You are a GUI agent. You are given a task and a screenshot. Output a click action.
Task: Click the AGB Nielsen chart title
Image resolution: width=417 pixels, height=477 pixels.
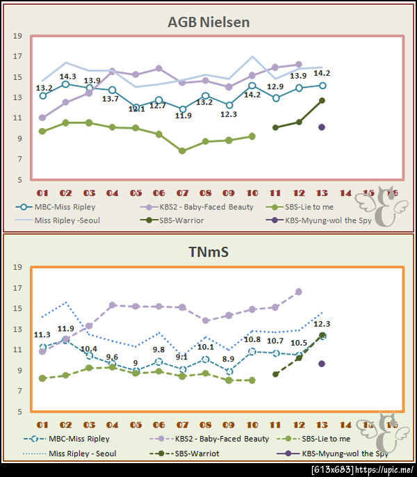208,22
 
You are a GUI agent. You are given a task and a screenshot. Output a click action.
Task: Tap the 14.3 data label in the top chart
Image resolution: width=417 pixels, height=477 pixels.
67,76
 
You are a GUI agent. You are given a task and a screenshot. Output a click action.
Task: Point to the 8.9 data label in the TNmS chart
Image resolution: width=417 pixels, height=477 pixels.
227,359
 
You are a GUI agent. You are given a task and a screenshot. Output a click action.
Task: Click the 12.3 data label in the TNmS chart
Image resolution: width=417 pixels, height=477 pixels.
321,324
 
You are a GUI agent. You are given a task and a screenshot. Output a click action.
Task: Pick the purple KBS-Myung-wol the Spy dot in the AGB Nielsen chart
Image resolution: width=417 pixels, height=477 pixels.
322,127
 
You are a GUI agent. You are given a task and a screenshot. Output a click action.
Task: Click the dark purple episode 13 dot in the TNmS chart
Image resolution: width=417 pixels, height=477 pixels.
322,364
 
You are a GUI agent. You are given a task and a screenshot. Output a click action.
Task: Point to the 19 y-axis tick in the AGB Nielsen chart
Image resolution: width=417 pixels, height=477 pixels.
17,35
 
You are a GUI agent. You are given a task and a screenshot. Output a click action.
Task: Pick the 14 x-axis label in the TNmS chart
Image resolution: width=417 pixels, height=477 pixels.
345,424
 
